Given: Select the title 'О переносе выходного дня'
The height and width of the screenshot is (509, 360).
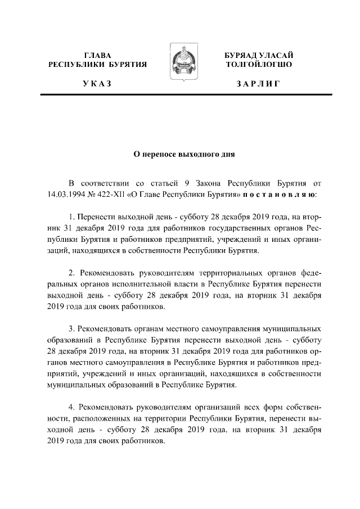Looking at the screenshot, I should (179, 153).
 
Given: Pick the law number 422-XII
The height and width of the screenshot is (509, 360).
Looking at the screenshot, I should (112, 195).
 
